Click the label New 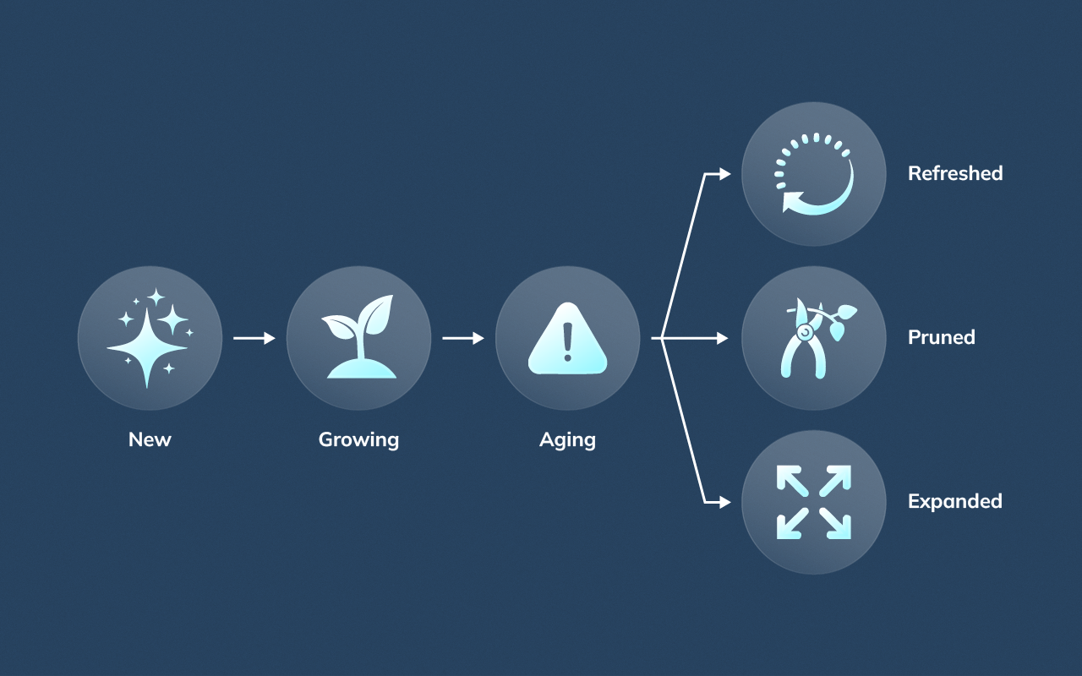[150, 439]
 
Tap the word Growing [358, 439]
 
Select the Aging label [567, 439]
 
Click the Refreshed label [955, 173]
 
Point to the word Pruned [942, 337]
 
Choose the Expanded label [955, 501]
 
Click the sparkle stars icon [150, 338]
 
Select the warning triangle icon [567, 338]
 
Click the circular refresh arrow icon [814, 174]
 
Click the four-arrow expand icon [814, 502]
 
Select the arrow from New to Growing [254, 338]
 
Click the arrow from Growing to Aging [463, 338]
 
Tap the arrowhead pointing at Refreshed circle [724, 174]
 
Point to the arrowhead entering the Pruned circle [722, 338]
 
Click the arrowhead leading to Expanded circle [724, 502]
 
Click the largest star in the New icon [146, 347]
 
